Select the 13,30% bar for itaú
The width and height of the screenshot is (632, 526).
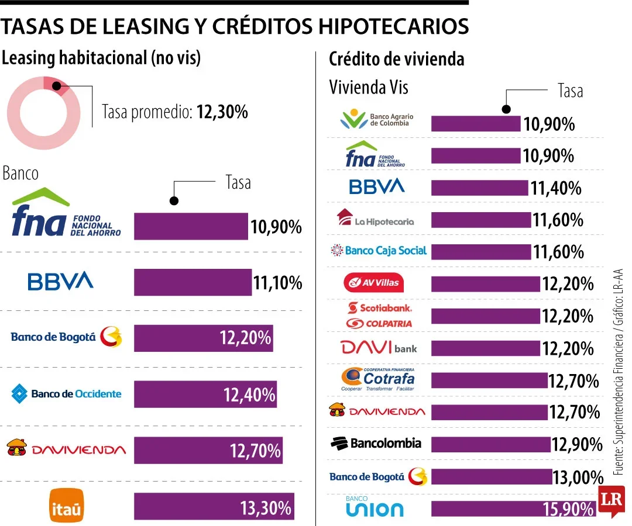point(214,507)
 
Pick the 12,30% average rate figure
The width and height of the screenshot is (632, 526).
point(222,112)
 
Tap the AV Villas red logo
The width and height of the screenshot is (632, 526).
point(373,283)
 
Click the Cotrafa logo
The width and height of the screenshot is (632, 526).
point(378,379)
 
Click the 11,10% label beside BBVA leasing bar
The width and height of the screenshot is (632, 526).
point(277,283)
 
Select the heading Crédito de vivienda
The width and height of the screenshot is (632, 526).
point(396,59)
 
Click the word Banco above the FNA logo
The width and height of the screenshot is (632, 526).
point(20,174)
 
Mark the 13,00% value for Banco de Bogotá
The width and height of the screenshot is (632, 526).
point(578,477)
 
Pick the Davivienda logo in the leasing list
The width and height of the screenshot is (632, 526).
point(66,449)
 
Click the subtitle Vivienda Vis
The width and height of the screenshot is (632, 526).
point(368,88)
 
